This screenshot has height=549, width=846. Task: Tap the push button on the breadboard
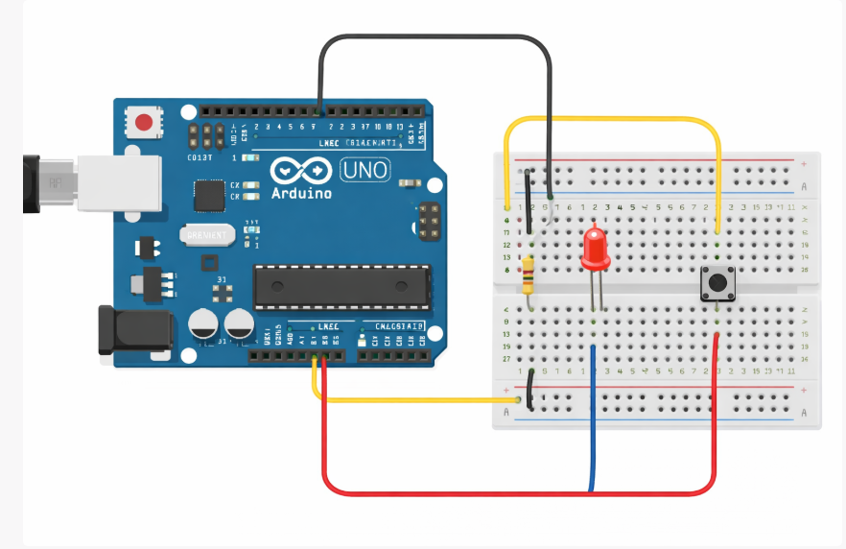(717, 282)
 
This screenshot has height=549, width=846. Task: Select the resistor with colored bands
(529, 275)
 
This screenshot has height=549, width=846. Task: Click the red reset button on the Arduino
(145, 122)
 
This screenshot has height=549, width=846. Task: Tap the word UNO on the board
(365, 172)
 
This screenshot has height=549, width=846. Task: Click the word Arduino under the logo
(301, 193)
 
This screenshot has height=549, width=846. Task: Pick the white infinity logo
(299, 171)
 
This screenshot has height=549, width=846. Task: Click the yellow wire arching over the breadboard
(614, 120)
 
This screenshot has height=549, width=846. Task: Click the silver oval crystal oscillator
(206, 234)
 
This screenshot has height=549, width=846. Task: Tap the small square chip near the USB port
(208, 195)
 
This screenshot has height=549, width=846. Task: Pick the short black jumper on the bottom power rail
(529, 389)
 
